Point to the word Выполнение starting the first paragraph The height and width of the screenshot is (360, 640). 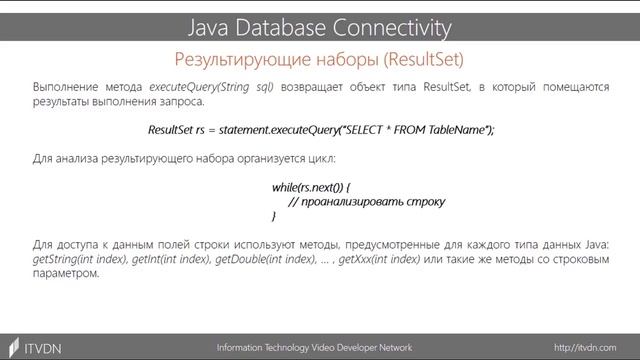[63, 88]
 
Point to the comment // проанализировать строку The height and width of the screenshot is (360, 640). [366, 201]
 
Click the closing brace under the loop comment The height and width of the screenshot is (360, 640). [274, 216]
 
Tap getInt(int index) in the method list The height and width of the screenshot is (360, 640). [173, 259]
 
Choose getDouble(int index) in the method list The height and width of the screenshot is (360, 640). [273, 259]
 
